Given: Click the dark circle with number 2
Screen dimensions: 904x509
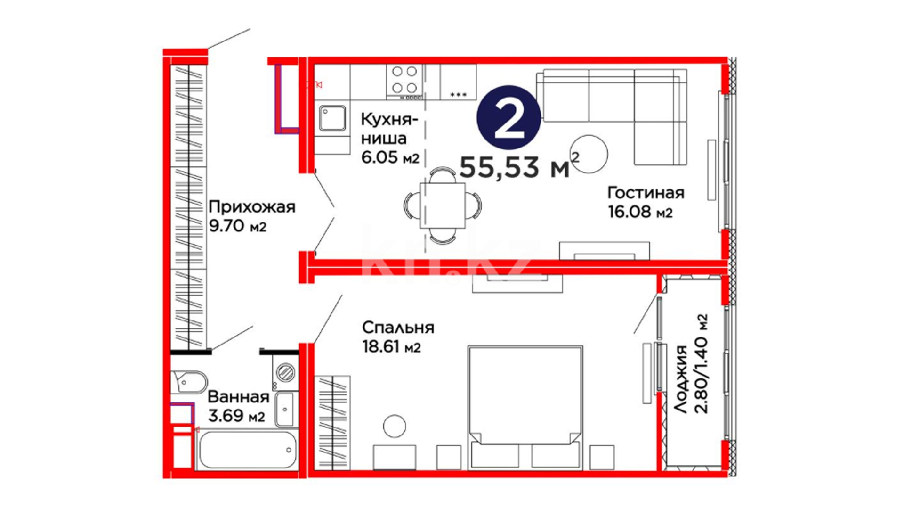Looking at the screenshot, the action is tap(508, 118).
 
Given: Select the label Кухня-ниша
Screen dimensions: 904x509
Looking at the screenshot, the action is tap(389, 129).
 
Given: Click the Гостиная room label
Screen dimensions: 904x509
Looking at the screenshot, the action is tap(646, 193).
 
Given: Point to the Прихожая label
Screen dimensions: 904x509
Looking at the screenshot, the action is tap(252, 207).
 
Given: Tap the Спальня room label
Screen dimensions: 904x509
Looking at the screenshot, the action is tap(398, 327).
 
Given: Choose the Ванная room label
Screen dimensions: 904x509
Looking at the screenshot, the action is tap(238, 397).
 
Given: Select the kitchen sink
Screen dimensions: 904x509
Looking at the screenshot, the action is tap(332, 118).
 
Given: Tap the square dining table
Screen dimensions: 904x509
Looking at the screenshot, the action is tap(443, 206).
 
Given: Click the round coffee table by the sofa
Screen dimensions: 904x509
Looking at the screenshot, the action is tap(589, 154).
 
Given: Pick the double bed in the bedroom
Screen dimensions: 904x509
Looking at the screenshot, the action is tap(525, 408).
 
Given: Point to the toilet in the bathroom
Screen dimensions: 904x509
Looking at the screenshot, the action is tap(189, 381).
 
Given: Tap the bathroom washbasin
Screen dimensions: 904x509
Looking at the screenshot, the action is tap(285, 409).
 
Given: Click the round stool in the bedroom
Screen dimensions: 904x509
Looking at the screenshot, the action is tap(395, 426).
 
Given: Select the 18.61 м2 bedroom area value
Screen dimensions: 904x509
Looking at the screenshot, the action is tap(391, 347).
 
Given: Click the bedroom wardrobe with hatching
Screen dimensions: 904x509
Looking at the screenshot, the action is tap(332, 423).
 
